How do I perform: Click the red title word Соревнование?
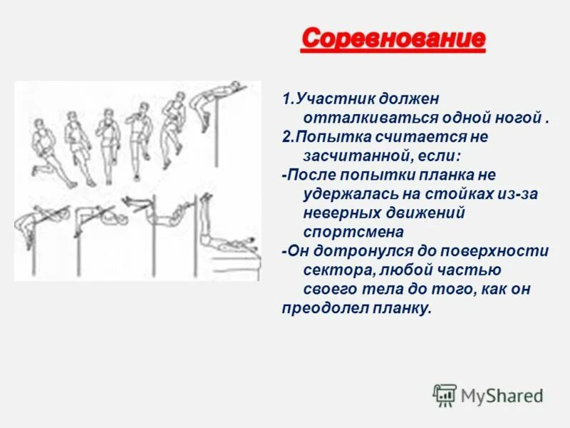pos(393,39)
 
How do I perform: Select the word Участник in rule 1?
pos(327,97)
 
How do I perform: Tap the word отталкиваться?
pos(358,116)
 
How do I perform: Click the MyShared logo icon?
pos(445,395)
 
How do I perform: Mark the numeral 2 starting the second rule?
pos(285,136)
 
